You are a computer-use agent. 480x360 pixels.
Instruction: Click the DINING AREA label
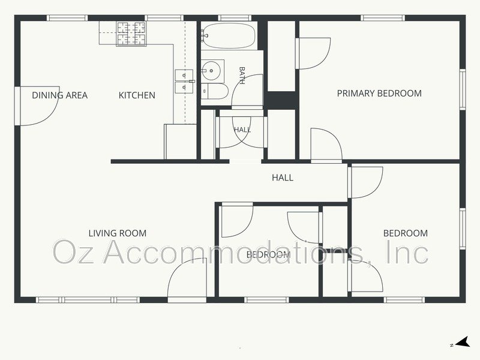pyautogui.click(x=59, y=95)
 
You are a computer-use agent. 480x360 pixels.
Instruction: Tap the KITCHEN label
pyautogui.click(x=137, y=95)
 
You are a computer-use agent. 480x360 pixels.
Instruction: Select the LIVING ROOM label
pyautogui.click(x=118, y=233)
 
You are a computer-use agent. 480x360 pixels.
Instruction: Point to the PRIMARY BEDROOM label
pyautogui.click(x=379, y=94)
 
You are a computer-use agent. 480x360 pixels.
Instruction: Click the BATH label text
pyautogui.click(x=242, y=76)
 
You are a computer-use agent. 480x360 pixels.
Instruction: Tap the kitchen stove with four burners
pyautogui.click(x=131, y=34)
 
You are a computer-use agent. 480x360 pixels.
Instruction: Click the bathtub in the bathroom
pyautogui.click(x=229, y=35)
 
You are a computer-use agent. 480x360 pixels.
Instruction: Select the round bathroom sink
pyautogui.click(x=212, y=71)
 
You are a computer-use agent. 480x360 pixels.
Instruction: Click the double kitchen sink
pyautogui.click(x=184, y=81)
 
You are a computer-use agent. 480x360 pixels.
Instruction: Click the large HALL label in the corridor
pyautogui.click(x=283, y=178)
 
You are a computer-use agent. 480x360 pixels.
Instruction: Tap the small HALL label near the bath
pyautogui.click(x=242, y=130)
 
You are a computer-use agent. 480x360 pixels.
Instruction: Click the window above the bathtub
pyautogui.click(x=234, y=18)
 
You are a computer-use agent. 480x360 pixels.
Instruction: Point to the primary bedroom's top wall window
pyautogui.click(x=383, y=18)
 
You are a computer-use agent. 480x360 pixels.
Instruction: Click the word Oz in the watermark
pyautogui.click(x=74, y=252)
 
